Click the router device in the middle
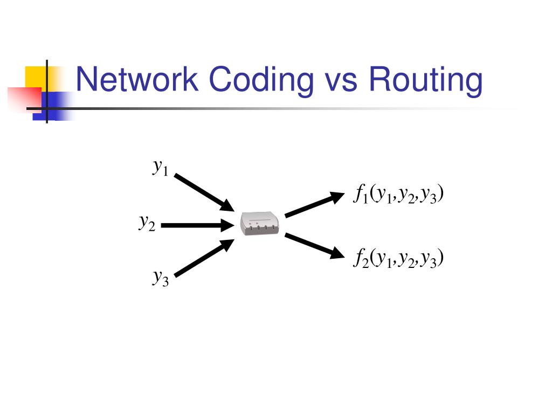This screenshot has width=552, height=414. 260,223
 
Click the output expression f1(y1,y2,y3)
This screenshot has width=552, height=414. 398,194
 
